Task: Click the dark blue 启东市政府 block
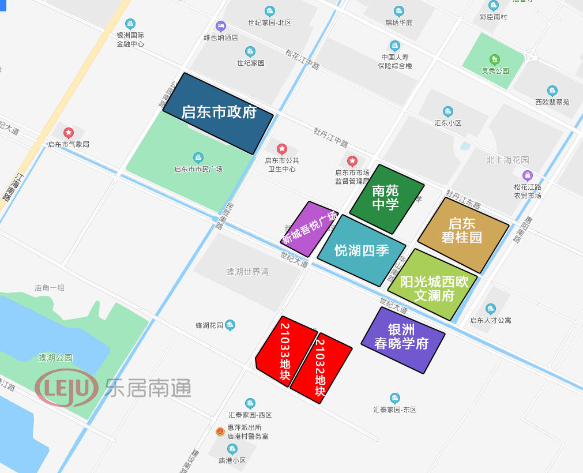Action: click(x=218, y=113)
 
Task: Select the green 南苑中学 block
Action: click(x=386, y=198)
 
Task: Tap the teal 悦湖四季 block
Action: click(x=362, y=251)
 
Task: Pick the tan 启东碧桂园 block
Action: click(x=463, y=234)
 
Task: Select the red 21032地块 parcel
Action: click(x=321, y=367)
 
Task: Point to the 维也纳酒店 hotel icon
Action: click(x=220, y=26)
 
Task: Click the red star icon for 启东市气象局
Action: click(x=69, y=133)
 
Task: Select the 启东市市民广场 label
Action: click(x=198, y=169)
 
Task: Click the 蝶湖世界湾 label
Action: click(x=247, y=271)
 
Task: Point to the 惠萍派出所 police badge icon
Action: click(x=220, y=431)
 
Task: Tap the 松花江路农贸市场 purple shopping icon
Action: click(x=527, y=175)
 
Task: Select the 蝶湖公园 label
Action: click(x=55, y=358)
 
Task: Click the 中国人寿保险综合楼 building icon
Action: click(x=394, y=45)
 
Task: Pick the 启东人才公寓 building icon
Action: click(x=490, y=309)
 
